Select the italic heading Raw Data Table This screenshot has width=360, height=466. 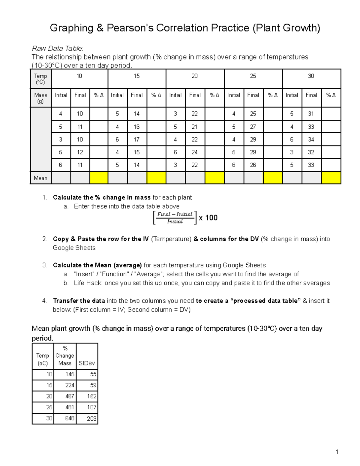pyautogui.click(x=57, y=48)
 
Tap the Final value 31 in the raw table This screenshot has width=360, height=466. pyautogui.click(x=311, y=114)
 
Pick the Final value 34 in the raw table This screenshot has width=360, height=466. pyautogui.click(x=311, y=140)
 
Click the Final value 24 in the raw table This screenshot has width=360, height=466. pyautogui.click(x=194, y=152)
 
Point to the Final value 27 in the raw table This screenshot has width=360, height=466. pyautogui.click(x=253, y=127)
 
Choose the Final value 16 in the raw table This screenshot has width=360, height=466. pyautogui.click(x=136, y=127)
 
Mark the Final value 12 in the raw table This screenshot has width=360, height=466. pyautogui.click(x=80, y=152)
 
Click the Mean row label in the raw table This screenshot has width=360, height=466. pyautogui.click(x=40, y=178)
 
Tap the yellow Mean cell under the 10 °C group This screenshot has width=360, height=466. pyautogui.click(x=99, y=178)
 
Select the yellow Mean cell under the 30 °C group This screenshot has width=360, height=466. pyautogui.click(x=331, y=178)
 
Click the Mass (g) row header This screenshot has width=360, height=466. pyautogui.click(x=40, y=98)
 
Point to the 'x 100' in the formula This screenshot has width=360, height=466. pyautogui.click(x=208, y=218)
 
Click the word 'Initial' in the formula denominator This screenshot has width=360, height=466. pyautogui.click(x=175, y=222)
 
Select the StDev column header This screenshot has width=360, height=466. pyautogui.click(x=87, y=363)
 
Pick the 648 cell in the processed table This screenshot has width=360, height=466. pyautogui.click(x=70, y=418)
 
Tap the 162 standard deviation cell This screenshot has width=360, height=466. pyautogui.click(x=91, y=396)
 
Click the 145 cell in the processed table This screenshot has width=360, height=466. pyautogui.click(x=70, y=374)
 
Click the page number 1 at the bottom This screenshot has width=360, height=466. pyautogui.click(x=337, y=452)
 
